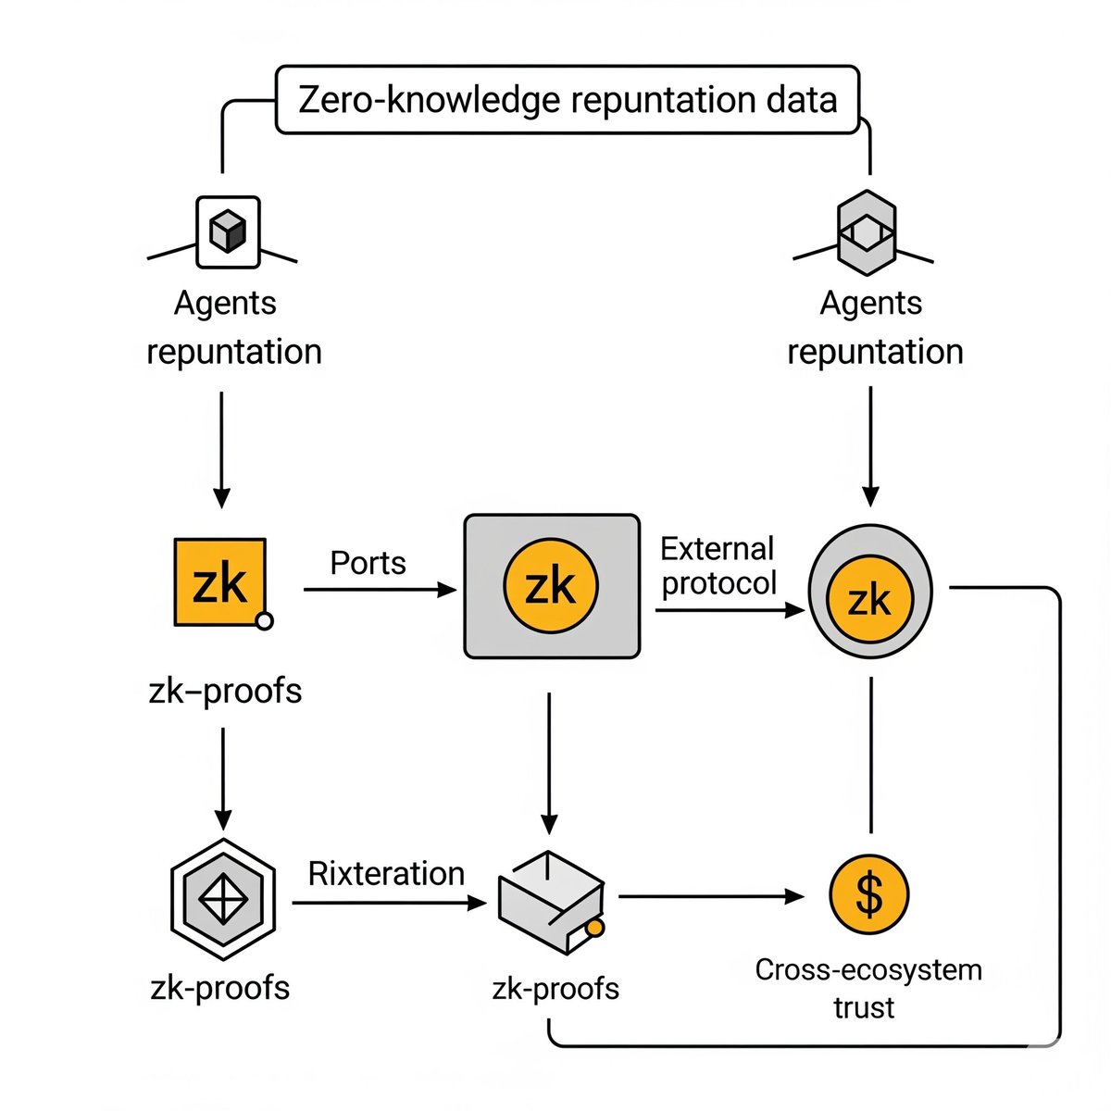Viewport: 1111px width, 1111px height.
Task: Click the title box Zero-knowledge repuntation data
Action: click(x=568, y=100)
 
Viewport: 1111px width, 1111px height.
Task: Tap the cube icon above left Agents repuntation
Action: click(x=228, y=231)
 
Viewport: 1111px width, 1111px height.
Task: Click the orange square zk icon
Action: click(x=220, y=582)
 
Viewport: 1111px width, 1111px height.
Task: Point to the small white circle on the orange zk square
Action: click(x=264, y=621)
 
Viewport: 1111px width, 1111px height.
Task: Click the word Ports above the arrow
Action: click(x=368, y=563)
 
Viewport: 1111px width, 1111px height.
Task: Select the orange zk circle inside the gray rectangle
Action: click(x=551, y=586)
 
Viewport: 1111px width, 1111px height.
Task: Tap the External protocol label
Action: click(x=718, y=566)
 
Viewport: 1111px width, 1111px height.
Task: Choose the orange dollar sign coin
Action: click(x=868, y=894)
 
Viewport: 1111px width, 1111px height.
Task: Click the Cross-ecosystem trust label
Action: click(x=868, y=988)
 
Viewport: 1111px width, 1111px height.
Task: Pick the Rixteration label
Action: click(x=386, y=873)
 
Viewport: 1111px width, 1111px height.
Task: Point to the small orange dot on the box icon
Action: click(x=595, y=927)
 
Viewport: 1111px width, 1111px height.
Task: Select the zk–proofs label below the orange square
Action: click(x=225, y=691)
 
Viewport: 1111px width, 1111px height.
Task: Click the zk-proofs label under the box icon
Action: click(x=555, y=989)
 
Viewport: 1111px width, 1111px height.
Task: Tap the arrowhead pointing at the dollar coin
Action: click(x=794, y=896)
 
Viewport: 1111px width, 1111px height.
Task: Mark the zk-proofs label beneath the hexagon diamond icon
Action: click(x=220, y=988)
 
